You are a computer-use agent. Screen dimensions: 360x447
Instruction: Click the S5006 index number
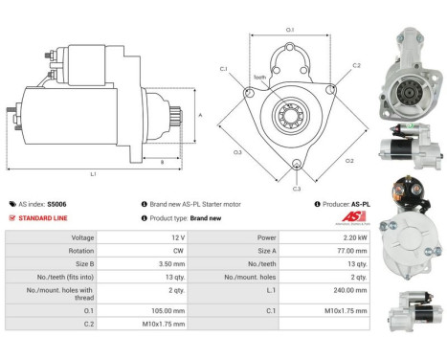click(57, 204)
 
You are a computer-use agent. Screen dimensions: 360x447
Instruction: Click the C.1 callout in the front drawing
click(223, 68)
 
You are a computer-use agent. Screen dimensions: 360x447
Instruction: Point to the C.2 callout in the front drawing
click(356, 65)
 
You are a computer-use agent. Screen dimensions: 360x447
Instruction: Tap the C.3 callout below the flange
click(297, 176)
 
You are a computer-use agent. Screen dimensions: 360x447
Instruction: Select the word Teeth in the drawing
click(259, 79)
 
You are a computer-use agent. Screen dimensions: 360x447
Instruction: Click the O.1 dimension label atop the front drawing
click(291, 30)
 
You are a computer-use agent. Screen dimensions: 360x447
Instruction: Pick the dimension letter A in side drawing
click(198, 114)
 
